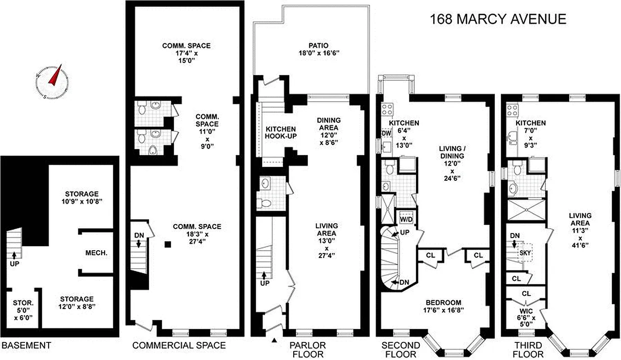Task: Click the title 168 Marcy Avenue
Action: [498, 19]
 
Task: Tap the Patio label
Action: [318, 49]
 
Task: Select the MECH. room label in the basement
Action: [96, 253]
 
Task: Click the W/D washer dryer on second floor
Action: [406, 219]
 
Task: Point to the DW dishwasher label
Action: [385, 134]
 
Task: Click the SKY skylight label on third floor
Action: [526, 253]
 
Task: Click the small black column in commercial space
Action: [168, 244]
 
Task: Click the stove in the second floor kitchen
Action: [387, 109]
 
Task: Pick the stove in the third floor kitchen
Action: [512, 110]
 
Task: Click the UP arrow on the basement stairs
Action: [14, 256]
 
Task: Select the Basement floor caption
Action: [26, 346]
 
